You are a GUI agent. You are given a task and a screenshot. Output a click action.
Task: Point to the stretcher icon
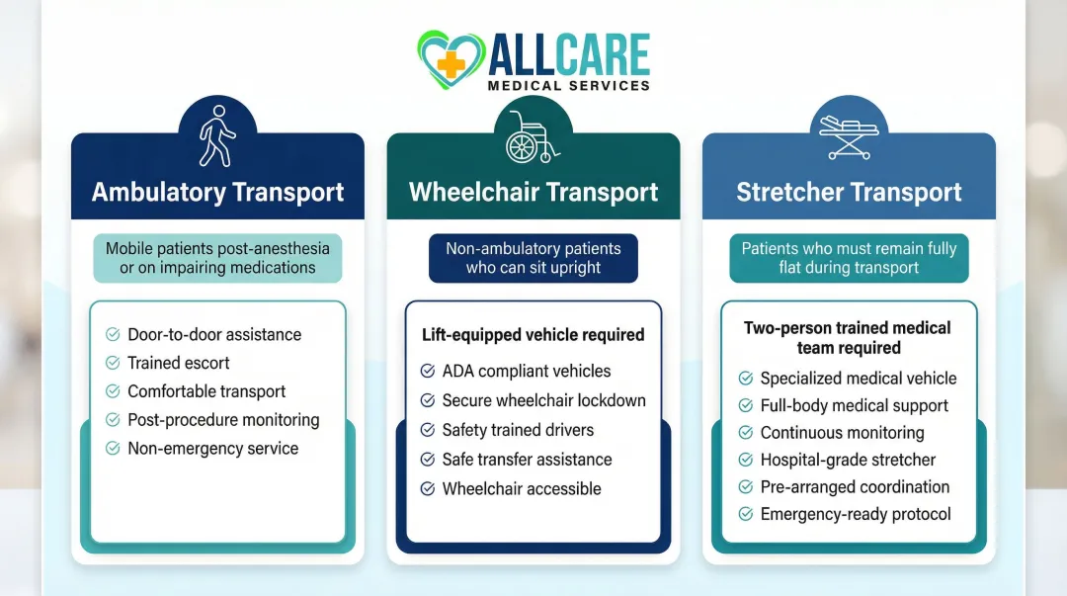[x=849, y=137]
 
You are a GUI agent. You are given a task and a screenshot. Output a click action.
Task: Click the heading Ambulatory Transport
[x=217, y=192]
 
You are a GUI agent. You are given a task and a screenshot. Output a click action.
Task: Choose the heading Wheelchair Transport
[x=533, y=192]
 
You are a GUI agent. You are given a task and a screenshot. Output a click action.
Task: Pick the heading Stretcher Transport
[x=849, y=192]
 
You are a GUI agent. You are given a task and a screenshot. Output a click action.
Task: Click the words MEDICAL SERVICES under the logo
[x=569, y=86]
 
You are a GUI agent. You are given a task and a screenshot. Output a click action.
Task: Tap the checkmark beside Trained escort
[x=113, y=363]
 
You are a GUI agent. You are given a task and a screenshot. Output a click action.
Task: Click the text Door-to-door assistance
[x=214, y=334]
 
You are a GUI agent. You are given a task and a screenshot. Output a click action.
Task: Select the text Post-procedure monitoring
[x=223, y=419]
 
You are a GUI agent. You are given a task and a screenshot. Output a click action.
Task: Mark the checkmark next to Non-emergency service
[x=113, y=449]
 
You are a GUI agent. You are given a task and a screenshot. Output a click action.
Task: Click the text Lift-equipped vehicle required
[x=533, y=335]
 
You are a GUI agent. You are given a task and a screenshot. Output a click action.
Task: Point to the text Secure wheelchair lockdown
[x=543, y=400]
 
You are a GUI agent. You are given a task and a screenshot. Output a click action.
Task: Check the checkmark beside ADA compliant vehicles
[x=428, y=372]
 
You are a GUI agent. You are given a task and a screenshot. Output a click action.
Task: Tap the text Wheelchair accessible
[x=522, y=488]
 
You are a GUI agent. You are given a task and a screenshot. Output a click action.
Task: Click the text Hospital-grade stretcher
[x=848, y=460]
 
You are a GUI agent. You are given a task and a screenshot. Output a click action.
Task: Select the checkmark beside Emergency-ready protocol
[x=746, y=514]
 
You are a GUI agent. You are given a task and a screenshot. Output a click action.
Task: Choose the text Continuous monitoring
[x=842, y=432]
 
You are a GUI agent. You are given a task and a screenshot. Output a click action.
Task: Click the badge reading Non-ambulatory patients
[x=533, y=258]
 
